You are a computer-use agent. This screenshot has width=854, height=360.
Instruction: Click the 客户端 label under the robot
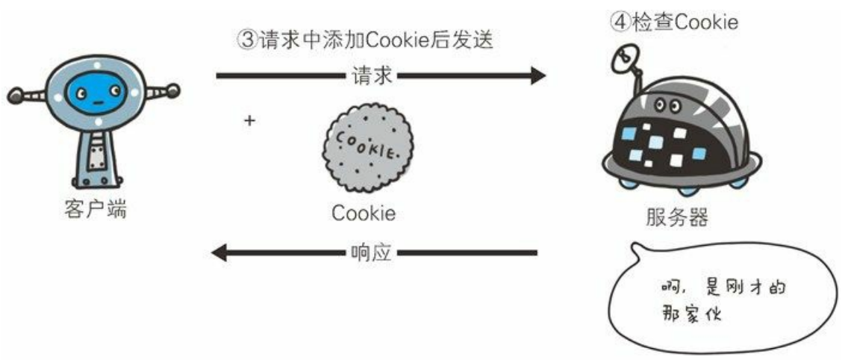point(96,209)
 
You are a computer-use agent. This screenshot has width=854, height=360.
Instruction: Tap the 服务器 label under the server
point(677,217)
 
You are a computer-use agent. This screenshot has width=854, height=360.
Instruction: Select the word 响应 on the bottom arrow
point(370,252)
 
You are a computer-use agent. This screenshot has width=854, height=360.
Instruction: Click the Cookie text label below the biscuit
point(364,213)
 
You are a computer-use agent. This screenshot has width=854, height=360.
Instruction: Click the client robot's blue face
point(96,93)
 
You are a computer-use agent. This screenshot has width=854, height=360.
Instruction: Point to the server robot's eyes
point(667,104)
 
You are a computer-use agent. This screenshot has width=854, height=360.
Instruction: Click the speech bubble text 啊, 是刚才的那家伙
point(723,301)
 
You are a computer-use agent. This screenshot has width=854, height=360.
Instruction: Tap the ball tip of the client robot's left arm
point(15,96)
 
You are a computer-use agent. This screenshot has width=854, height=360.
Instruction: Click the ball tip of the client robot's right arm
point(173,90)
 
